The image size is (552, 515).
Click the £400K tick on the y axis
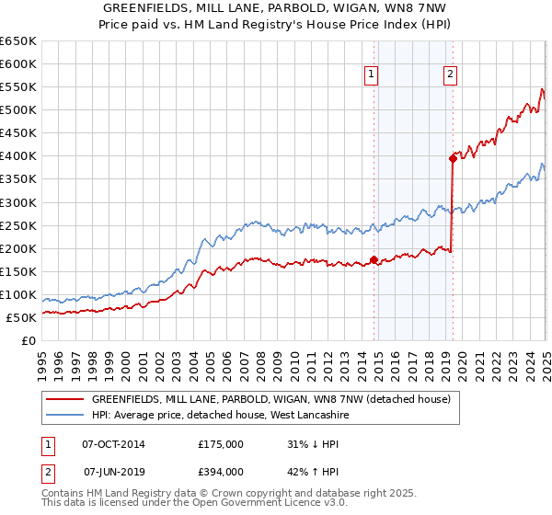[18, 155]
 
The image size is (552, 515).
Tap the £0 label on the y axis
[29, 340]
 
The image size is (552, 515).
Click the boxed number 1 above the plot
[371, 75]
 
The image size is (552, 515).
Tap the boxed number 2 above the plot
[450, 75]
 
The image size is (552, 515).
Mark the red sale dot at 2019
[453, 158]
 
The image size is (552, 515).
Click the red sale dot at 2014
[374, 259]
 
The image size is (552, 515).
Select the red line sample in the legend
[65, 400]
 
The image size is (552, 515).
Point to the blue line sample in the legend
[65, 416]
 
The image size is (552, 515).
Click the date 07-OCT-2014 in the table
[113, 444]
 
